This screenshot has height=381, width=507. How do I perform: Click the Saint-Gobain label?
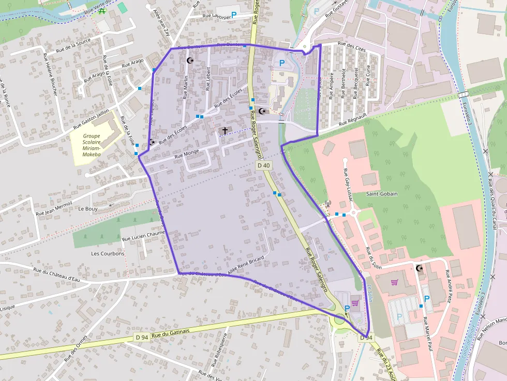coord(382,194)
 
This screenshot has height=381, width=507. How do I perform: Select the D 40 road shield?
coord(263,165)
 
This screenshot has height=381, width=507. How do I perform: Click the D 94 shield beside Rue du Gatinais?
coord(142,337)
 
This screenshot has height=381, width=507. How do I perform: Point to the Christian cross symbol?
coord(225,131)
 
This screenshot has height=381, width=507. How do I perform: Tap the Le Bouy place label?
coord(88,209)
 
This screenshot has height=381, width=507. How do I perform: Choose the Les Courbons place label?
coord(108,254)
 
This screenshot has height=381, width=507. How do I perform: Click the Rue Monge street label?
coord(187,154)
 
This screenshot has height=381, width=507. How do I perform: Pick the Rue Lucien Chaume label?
coord(143,236)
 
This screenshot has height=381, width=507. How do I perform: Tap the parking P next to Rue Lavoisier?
coord(233,16)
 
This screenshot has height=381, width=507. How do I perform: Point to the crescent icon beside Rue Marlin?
coord(190,61)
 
